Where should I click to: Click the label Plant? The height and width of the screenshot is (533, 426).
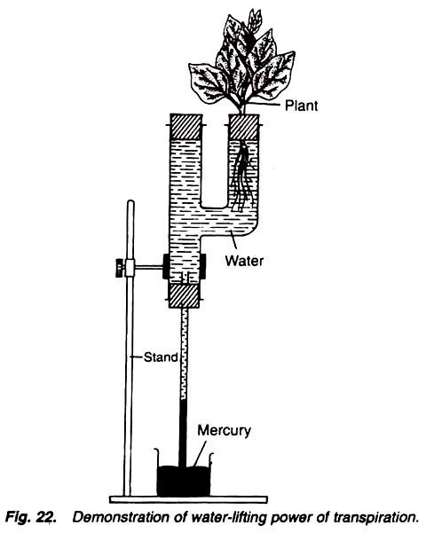tap(301, 106)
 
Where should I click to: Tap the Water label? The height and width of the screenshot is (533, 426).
tap(244, 261)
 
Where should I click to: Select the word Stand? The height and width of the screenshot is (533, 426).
tap(161, 357)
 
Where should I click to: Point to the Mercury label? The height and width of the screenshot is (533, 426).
tap(225, 430)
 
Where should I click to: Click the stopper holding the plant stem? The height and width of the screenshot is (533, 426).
tap(244, 127)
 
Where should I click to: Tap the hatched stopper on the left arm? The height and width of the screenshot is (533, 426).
tap(185, 127)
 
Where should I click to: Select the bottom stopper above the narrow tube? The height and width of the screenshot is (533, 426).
tap(184, 295)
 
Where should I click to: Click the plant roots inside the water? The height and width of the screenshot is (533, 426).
tap(242, 176)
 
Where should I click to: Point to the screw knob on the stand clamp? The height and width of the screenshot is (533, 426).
tap(119, 268)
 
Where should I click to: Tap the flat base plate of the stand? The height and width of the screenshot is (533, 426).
tap(188, 499)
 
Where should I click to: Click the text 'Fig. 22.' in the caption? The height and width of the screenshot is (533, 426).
tap(31, 518)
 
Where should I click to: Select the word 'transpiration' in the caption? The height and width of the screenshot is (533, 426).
tap(374, 517)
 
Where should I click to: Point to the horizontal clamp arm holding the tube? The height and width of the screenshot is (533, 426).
tap(149, 269)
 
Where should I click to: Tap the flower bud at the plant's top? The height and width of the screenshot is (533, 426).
tap(254, 20)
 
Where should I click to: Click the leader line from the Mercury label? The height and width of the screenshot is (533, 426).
tap(200, 453)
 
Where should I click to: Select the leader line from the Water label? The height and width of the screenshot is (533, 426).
tap(234, 242)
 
